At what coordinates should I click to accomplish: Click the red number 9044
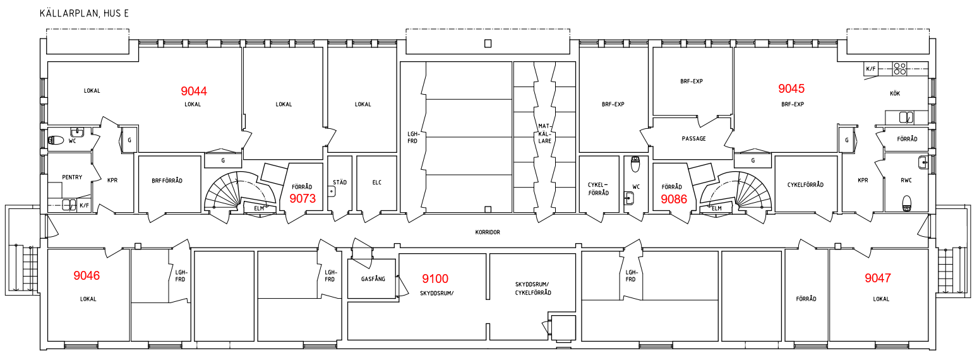[194, 91]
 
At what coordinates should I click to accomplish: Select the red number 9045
[791, 88]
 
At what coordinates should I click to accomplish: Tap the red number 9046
[87, 275]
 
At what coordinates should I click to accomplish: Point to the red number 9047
[878, 277]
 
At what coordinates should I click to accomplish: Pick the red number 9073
[303, 198]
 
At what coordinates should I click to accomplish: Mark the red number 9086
[673, 199]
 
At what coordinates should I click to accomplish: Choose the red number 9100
[435, 279]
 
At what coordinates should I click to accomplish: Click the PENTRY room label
[72, 177]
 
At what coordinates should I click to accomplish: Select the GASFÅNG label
[373, 279]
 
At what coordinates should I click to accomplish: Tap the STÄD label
[340, 182]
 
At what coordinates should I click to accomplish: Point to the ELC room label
[377, 183]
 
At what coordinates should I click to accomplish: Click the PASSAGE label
[693, 139]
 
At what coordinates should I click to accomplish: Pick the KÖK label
[894, 93]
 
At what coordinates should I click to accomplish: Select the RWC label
[906, 180]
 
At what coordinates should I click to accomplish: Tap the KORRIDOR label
[488, 232]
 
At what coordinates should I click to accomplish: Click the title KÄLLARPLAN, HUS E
[84, 13]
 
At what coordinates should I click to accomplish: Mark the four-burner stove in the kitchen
[899, 68]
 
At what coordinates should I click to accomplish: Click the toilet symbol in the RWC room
[907, 203]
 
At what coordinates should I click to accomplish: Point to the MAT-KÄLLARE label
[544, 133]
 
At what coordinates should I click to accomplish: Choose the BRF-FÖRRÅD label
[167, 181]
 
